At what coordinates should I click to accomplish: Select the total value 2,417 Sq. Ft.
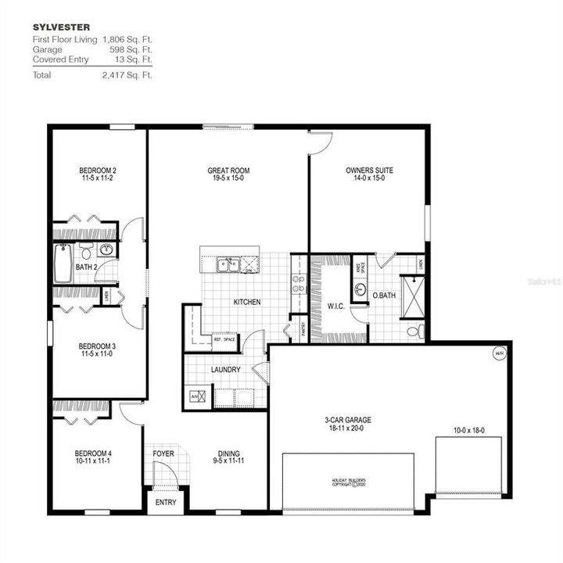(127, 75)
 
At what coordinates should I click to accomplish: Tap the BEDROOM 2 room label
(98, 170)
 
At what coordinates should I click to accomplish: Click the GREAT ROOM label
(228, 170)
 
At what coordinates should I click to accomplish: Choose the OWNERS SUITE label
(369, 170)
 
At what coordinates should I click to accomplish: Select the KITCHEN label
(247, 302)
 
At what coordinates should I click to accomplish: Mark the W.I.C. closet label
(336, 305)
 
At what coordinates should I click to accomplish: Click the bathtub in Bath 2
(64, 255)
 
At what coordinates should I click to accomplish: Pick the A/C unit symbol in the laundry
(196, 396)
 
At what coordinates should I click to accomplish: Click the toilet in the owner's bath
(414, 332)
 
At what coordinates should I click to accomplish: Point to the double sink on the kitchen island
(228, 264)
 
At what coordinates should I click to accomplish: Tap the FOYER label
(163, 454)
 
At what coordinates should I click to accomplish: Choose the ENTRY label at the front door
(167, 502)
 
